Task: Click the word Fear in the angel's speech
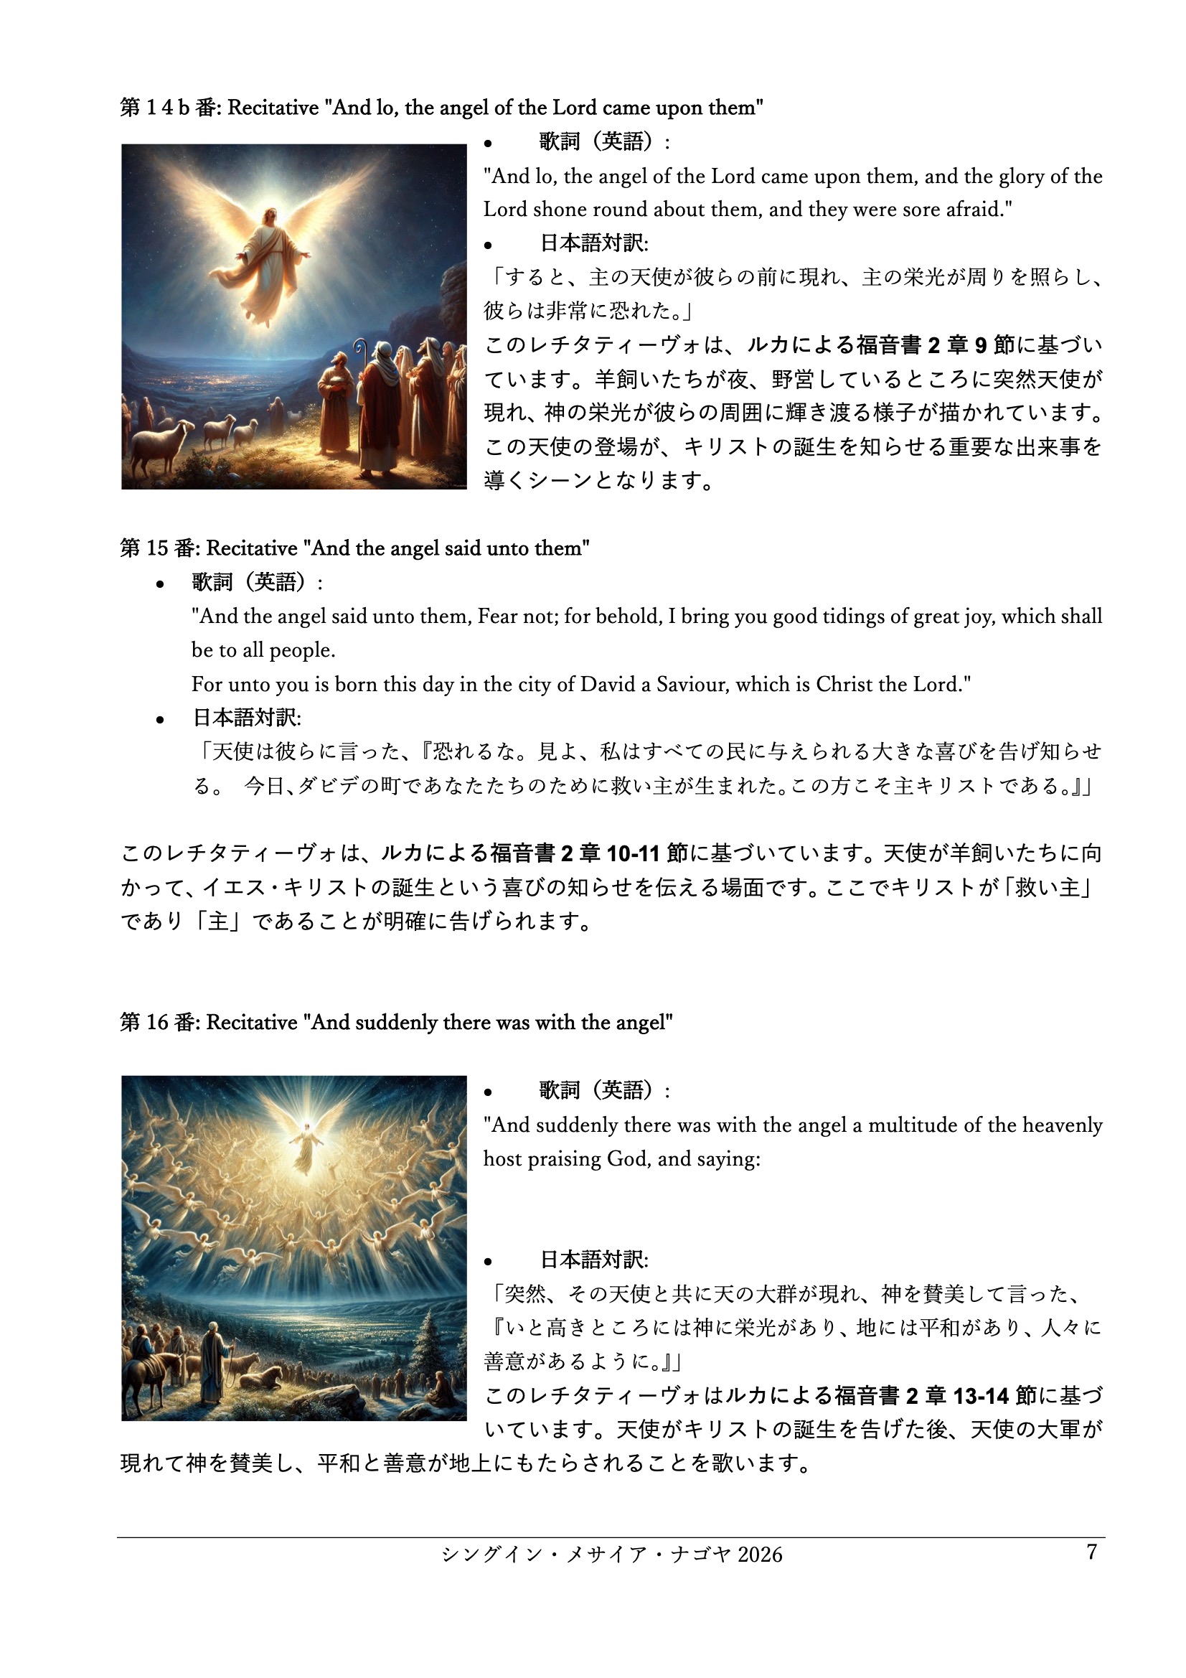point(496,617)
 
